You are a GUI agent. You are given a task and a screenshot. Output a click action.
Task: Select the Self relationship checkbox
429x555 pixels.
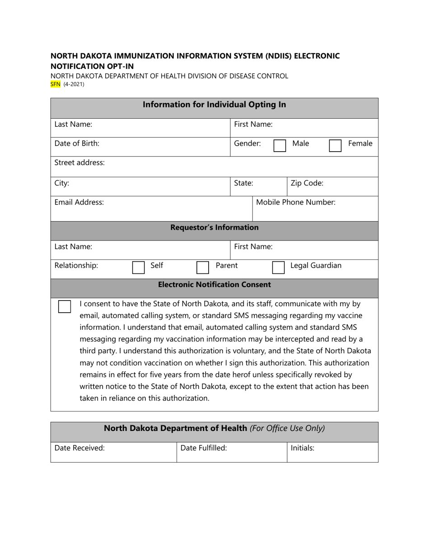coord(138,268)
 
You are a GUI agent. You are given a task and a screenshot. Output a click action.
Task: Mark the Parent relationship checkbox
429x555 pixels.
coord(203,268)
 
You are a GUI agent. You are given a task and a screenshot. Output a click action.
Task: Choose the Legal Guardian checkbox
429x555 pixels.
coord(278,268)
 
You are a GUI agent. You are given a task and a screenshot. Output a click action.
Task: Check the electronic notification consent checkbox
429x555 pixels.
coord(65,306)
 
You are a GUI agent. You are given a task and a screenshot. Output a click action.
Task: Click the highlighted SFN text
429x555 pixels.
coord(55,84)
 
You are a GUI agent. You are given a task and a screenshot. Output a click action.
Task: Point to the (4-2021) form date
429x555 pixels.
coord(74,84)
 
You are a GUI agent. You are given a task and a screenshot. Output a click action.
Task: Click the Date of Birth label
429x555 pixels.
coord(77,143)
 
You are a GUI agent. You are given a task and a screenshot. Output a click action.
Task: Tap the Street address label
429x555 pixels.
coord(79,162)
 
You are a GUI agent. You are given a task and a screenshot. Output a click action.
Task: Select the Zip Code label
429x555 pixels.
coord(307,183)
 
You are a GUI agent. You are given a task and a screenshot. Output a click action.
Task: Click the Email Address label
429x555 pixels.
coord(79,202)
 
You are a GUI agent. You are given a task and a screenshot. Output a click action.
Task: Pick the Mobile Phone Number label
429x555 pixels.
coord(296,202)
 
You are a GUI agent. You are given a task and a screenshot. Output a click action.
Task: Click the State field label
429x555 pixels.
coord(243,183)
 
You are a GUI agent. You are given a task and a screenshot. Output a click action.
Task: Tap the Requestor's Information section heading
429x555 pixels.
coord(214,227)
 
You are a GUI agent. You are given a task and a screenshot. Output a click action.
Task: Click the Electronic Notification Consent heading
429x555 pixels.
coord(214,285)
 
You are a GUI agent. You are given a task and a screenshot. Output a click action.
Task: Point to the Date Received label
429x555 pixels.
coord(79,448)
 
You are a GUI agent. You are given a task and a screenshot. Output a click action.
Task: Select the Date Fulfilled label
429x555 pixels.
coord(204,448)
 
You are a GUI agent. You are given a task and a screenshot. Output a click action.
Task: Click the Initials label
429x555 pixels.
coord(303,448)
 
